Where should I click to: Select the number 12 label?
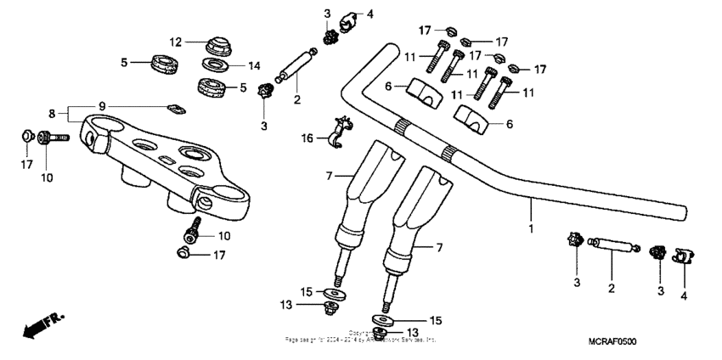point(175,42)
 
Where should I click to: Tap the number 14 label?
point(252,65)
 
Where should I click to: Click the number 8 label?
point(52,112)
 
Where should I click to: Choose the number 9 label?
point(102,105)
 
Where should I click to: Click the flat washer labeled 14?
point(217,65)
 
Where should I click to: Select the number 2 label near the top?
point(296,99)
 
